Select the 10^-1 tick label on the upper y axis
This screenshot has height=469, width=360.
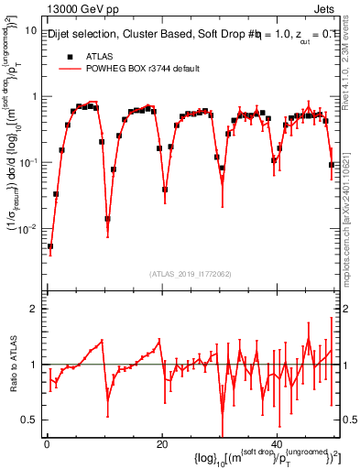(27, 162)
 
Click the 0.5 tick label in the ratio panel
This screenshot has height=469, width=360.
(29, 420)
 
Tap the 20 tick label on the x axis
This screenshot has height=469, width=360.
(162, 443)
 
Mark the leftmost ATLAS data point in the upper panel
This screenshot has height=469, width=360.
(50, 246)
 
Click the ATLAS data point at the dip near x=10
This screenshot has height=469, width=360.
(107, 219)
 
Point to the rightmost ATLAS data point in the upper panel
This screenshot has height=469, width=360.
(332, 165)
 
